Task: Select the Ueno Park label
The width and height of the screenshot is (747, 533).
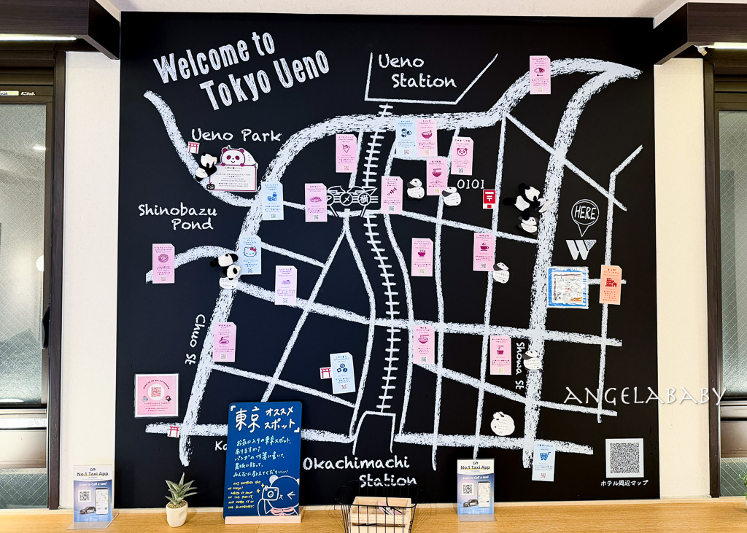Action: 236,135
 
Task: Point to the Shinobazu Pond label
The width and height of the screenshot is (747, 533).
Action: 177,217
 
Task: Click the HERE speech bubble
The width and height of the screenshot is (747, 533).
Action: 584,214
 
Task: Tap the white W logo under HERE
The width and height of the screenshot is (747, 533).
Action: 581,249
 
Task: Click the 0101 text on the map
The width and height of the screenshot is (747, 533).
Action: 471,184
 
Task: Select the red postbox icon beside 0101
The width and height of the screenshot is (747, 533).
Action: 489,198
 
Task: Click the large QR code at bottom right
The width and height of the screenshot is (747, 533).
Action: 624,457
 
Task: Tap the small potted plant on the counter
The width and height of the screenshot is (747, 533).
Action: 178,500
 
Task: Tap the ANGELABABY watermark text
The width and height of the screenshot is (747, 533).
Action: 643,396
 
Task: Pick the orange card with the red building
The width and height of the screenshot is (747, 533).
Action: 610,284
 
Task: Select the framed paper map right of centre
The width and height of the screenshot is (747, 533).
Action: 568,287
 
